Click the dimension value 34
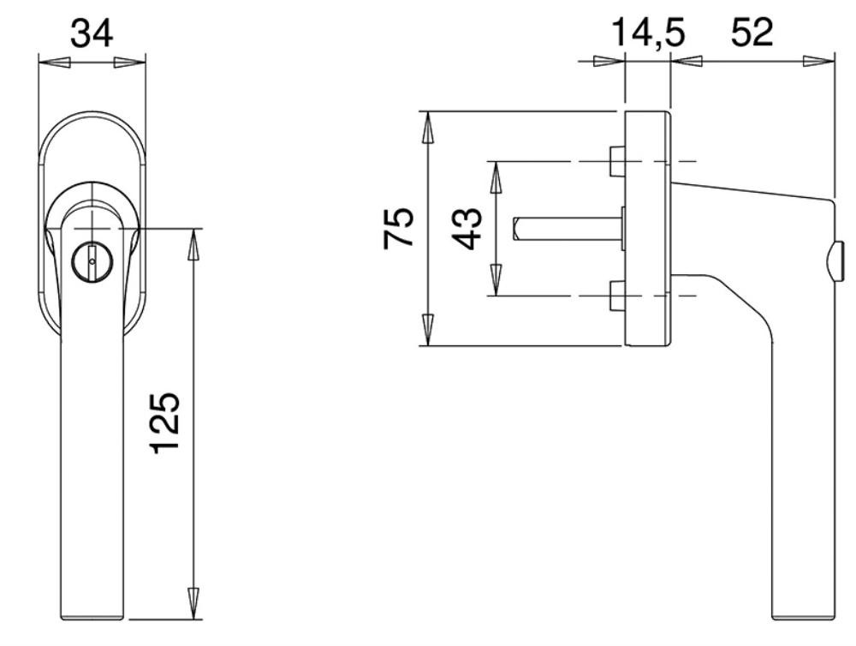(92, 33)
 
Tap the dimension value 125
(165, 422)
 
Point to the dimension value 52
(752, 33)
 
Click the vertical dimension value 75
(398, 228)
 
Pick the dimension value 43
(468, 229)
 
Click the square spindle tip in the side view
(516, 229)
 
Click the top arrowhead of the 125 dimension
(192, 244)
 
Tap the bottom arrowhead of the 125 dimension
(192, 603)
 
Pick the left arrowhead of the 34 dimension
(55, 63)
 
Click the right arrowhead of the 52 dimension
(819, 60)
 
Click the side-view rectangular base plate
(647, 229)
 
